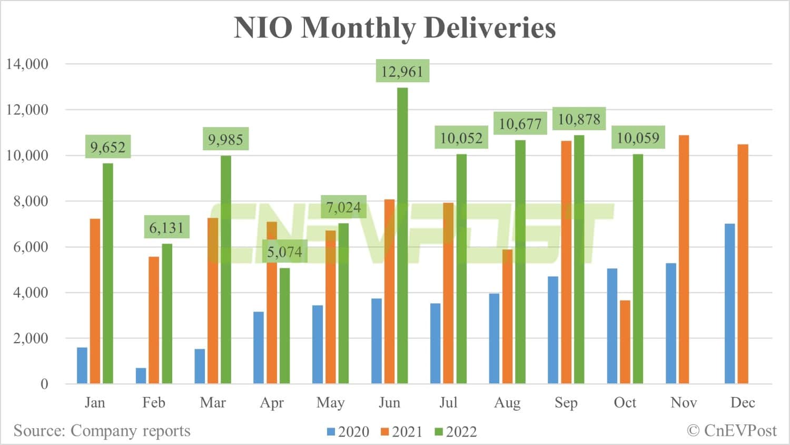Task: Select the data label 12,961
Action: coord(402,71)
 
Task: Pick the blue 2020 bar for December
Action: coord(730,303)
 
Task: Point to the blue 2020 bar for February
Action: coord(141,375)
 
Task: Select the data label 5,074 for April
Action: coord(284,252)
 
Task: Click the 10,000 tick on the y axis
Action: coord(27,156)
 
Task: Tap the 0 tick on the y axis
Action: coord(44,384)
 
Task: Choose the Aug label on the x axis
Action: coord(507,403)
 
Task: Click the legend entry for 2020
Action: coord(348,432)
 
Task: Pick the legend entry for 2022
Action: coord(456,432)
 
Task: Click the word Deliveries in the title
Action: coord(489,28)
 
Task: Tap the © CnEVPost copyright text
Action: coord(732,430)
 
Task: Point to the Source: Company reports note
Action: coord(102,430)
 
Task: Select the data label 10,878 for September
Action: coord(579,119)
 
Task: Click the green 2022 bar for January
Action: coord(108,273)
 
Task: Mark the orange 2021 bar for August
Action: coord(507,316)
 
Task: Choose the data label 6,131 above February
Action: coord(166,228)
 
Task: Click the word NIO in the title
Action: coord(262,28)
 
